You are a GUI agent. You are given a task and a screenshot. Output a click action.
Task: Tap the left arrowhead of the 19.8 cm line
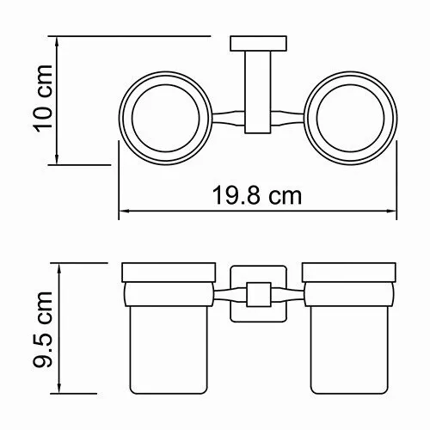120,212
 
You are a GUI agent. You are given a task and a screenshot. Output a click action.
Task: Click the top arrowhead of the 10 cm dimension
57,40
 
